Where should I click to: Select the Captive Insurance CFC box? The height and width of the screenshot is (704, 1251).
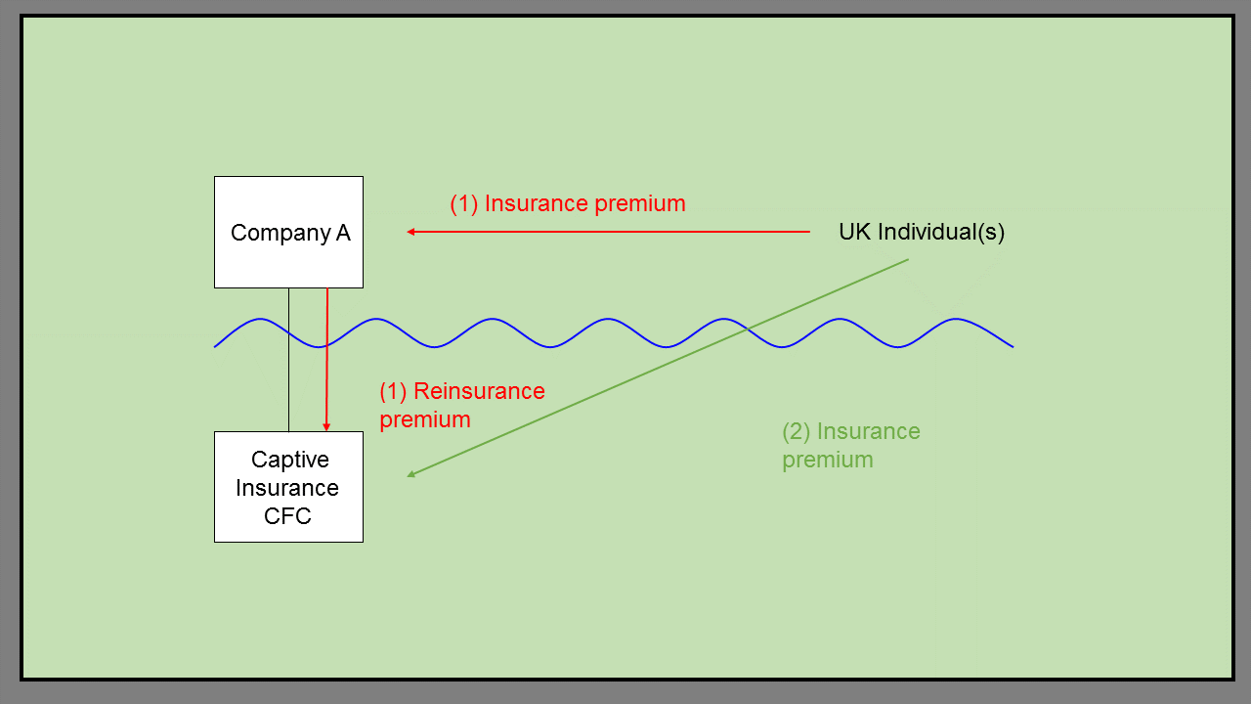click(288, 487)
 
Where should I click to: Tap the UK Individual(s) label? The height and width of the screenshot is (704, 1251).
click(921, 233)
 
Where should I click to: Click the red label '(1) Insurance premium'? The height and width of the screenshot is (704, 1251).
click(567, 204)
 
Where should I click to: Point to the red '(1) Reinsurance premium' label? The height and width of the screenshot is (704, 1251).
click(461, 405)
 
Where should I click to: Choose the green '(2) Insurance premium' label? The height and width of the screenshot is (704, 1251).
click(850, 445)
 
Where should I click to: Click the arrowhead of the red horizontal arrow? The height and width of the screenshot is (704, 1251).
click(411, 232)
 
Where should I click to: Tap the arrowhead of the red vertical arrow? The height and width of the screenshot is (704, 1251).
click(326, 426)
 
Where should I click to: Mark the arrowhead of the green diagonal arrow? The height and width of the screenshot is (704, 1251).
click(412, 475)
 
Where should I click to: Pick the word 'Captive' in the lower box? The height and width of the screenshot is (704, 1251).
click(289, 460)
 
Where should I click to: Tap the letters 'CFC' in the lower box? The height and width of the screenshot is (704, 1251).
click(287, 516)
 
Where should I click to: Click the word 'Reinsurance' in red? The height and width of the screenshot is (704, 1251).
click(479, 391)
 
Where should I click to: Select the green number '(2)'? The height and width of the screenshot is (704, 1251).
click(797, 431)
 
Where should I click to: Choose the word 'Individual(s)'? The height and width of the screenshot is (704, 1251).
click(941, 233)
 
